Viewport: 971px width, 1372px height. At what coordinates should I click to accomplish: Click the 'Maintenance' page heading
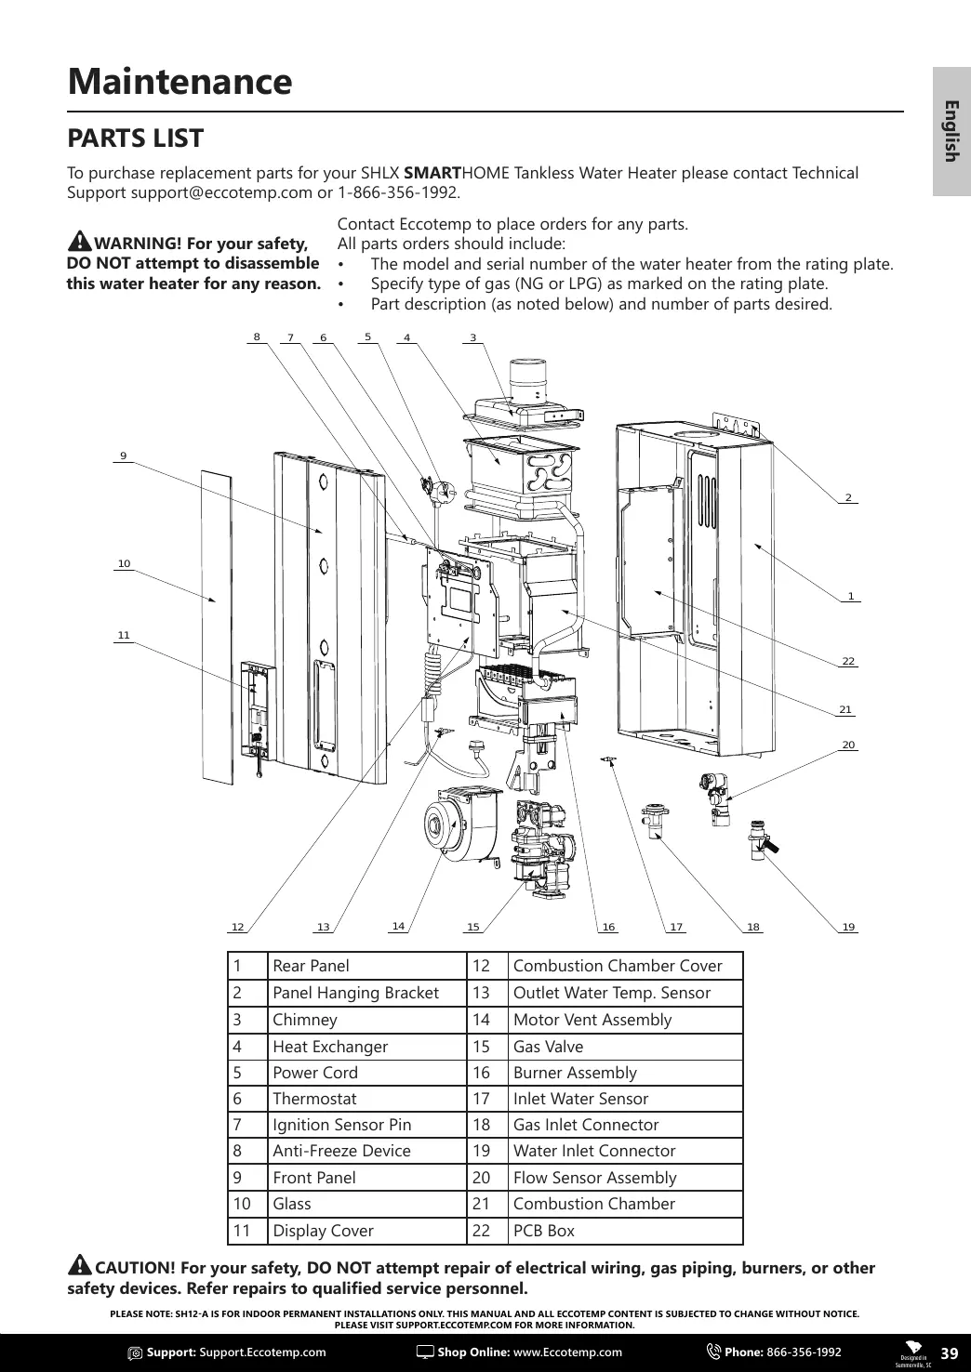[x=180, y=82]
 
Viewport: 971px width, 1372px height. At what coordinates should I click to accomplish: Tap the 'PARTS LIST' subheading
[x=136, y=139]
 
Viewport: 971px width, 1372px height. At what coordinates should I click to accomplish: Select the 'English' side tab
[x=951, y=130]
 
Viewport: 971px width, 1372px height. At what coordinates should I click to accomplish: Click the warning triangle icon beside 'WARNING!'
[x=80, y=241]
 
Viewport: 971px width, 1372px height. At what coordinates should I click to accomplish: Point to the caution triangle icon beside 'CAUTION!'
[x=80, y=1266]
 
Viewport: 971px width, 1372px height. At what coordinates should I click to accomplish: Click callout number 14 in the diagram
[x=398, y=926]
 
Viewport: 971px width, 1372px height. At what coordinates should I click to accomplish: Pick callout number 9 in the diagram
[x=123, y=455]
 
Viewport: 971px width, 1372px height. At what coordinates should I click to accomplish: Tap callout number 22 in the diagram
[x=848, y=661]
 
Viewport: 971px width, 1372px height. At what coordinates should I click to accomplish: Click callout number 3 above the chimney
[x=473, y=337]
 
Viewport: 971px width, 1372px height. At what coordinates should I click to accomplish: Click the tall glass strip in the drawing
[x=215, y=623]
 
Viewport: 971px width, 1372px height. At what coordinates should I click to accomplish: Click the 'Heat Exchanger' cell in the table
[x=330, y=1046]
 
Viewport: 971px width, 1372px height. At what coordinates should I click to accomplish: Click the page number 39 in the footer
[x=949, y=1352]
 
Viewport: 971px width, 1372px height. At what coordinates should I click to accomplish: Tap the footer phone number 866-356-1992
[x=804, y=1352]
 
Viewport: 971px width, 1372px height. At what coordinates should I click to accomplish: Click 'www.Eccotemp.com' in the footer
[x=567, y=1352]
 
